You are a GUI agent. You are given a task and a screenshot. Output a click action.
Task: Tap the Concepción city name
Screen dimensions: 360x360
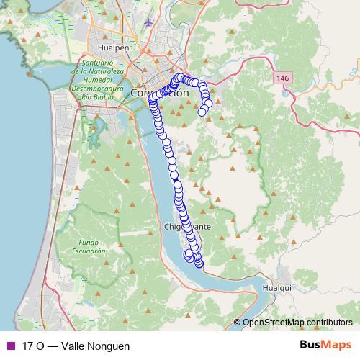click(x=160, y=93)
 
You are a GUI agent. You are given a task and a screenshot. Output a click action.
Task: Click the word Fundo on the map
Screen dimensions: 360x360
click(x=89, y=243)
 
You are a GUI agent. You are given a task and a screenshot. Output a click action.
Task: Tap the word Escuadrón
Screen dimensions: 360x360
click(x=89, y=251)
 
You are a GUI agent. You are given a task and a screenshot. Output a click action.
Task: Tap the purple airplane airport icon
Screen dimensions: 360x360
click(x=149, y=21)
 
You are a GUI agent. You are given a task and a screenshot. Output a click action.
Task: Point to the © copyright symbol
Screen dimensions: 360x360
click(x=238, y=323)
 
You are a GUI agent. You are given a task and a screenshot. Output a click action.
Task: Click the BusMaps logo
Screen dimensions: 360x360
click(x=324, y=345)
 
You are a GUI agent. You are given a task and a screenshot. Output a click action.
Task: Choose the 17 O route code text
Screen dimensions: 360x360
click(x=32, y=346)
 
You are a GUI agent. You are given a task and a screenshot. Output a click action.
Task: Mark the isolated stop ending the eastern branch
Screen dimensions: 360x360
click(x=202, y=112)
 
